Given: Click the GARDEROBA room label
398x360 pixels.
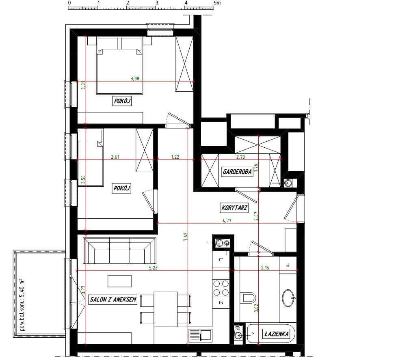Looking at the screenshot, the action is click(x=237, y=172).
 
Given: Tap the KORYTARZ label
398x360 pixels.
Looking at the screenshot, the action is click(x=234, y=208).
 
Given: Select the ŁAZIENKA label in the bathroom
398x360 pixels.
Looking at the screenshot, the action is click(x=277, y=334).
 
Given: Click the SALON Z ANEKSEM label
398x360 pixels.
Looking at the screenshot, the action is click(x=113, y=300).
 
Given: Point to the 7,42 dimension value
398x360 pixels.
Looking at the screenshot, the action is click(x=186, y=237).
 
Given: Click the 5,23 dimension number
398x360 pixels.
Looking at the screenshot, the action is click(x=153, y=267).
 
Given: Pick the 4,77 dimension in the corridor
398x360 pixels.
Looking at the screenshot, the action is click(x=227, y=220).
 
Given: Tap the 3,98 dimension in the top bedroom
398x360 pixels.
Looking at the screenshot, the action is click(x=135, y=79).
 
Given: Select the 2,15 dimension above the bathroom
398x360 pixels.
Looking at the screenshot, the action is click(x=265, y=267).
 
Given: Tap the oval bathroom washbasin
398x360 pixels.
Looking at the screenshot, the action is click(x=289, y=298).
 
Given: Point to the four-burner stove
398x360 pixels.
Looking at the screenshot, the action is click(x=221, y=288).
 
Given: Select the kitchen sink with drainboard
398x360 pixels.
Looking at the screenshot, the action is click(x=200, y=335).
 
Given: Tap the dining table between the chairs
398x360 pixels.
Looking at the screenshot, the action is click(x=166, y=309).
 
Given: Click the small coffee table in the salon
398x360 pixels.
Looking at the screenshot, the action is click(x=119, y=281).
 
